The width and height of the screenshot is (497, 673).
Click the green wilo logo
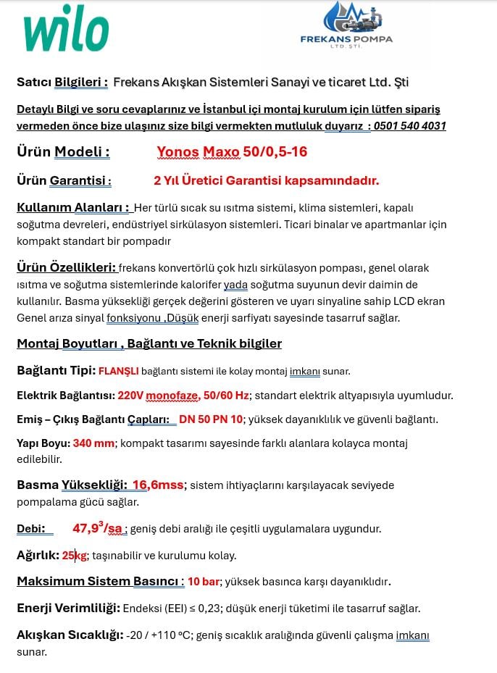(66, 33)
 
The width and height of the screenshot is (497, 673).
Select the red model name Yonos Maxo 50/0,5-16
(232, 152)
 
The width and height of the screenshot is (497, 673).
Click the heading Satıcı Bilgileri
(62, 83)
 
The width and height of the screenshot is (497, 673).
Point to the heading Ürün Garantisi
(64, 180)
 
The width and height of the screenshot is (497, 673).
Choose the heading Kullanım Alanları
(73, 208)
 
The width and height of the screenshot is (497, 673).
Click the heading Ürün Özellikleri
(66, 268)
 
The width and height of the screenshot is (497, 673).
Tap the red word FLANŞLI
(118, 372)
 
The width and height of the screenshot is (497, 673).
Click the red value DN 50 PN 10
(210, 419)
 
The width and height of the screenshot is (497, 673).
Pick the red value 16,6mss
(158, 485)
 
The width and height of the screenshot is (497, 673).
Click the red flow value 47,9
(87, 528)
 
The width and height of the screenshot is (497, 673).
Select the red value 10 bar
(204, 582)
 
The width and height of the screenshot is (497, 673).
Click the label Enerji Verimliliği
(68, 609)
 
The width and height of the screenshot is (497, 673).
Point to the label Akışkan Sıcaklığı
(70, 635)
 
